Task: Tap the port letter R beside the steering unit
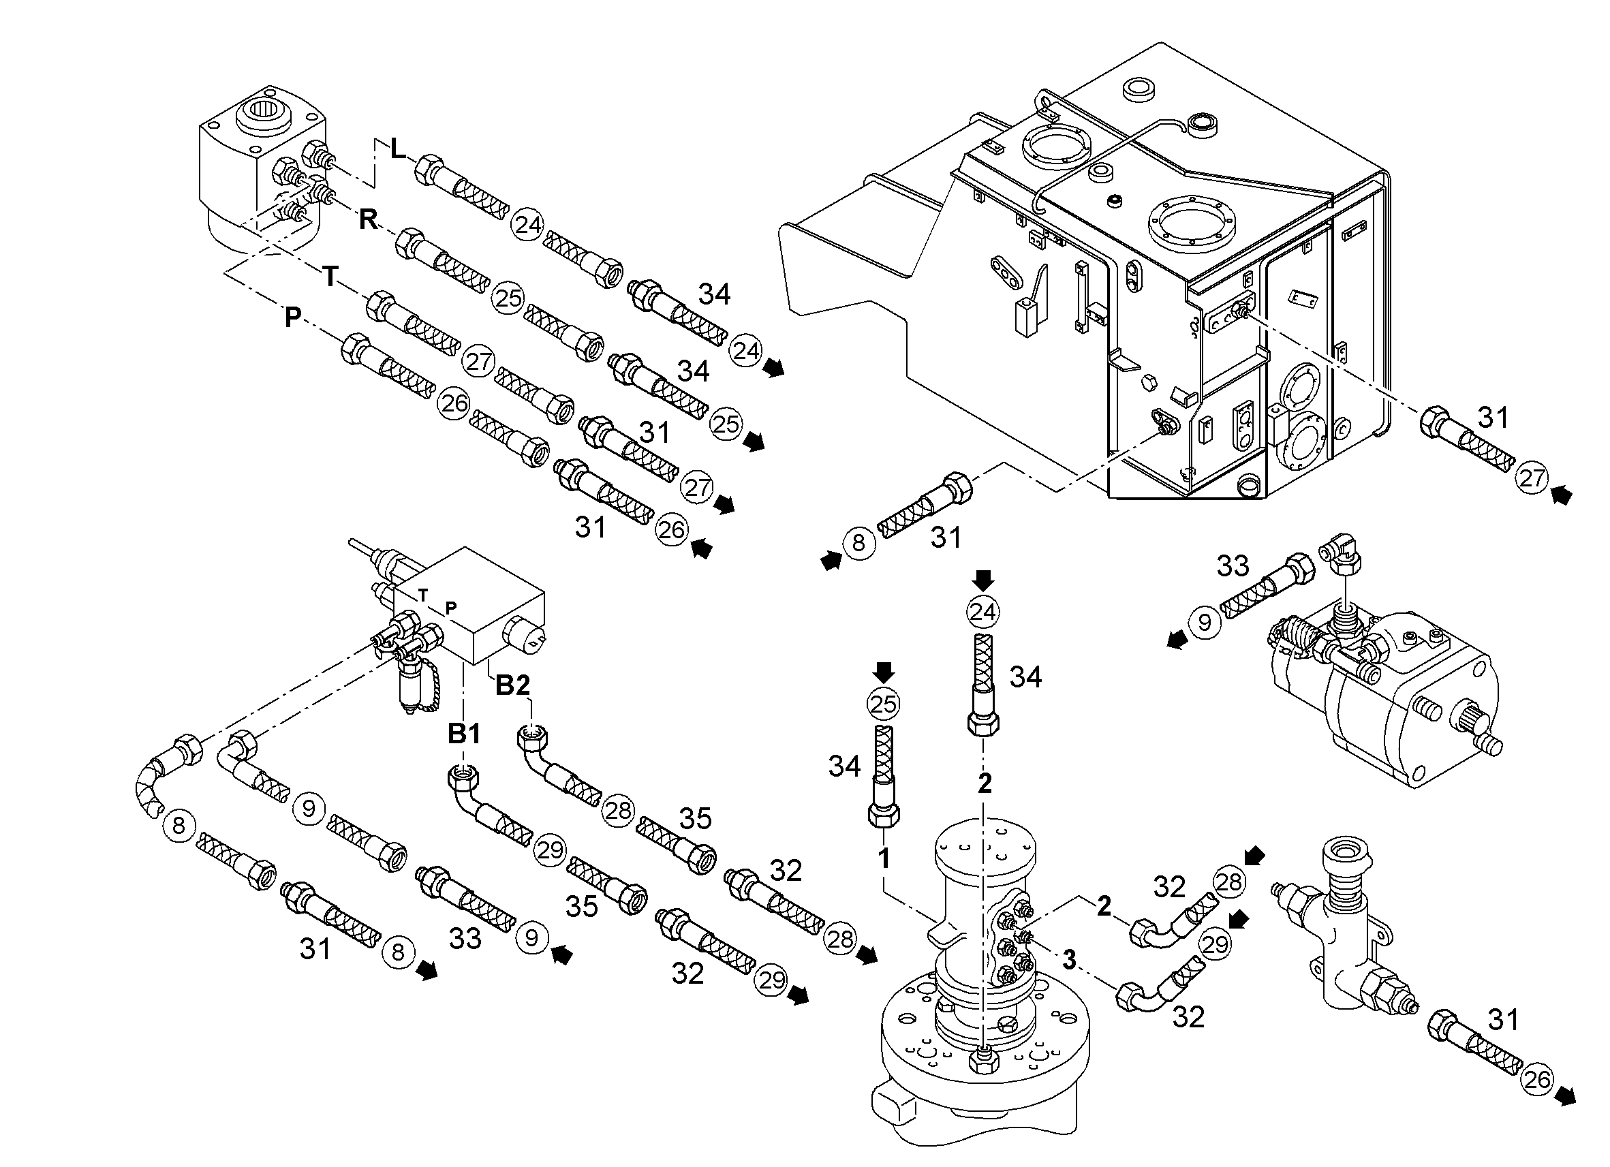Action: point(369,220)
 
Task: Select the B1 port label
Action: point(464,734)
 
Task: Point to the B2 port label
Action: point(512,685)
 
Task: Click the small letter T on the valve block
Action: point(423,595)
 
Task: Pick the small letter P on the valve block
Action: point(451,607)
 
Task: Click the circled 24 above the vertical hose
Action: point(983,611)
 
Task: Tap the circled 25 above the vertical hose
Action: point(884,704)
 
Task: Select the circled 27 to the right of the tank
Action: point(1532,478)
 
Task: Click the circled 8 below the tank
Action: point(859,543)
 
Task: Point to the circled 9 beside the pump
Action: point(1205,623)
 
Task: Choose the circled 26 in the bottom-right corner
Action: point(1537,1080)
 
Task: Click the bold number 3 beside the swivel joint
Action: point(1069,960)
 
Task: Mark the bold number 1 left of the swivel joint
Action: point(884,859)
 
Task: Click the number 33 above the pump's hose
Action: point(1233,566)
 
